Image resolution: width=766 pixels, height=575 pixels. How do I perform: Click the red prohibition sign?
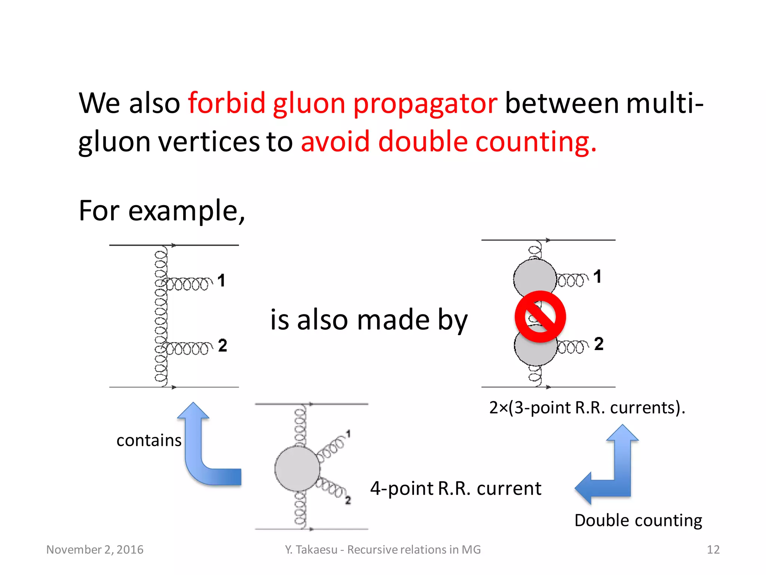[540, 317]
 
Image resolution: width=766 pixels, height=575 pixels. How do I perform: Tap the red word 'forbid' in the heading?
[226, 103]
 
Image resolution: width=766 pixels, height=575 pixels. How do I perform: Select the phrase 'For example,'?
[162, 211]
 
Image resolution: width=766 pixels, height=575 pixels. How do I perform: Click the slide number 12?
[713, 550]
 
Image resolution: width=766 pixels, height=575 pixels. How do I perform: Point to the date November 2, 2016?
[95, 550]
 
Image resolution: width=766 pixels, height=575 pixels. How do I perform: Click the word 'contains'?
[149, 440]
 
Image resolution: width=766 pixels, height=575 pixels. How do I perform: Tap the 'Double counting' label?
[638, 520]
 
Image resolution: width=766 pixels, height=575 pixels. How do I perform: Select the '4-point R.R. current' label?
[456, 489]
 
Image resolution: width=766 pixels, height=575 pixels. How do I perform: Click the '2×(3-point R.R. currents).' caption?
[587, 407]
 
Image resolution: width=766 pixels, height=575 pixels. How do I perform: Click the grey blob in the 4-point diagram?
[297, 468]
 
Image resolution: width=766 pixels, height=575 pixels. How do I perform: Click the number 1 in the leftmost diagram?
[221, 280]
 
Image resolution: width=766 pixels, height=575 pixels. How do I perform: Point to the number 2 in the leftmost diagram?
[223, 345]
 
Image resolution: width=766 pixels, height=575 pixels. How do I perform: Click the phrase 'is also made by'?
[369, 320]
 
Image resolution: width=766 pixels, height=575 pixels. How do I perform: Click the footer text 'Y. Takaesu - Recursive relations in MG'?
[383, 550]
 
